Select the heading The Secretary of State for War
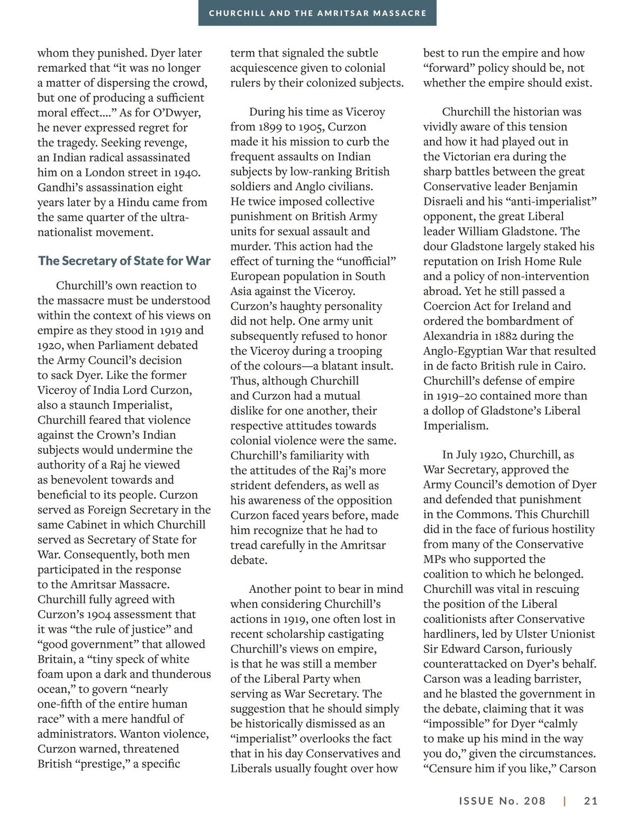pyautogui.click(x=124, y=261)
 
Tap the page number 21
pyautogui.click(x=591, y=801)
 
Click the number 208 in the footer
pyautogui.click(x=534, y=801)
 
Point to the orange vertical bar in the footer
pyautogui.click(x=565, y=801)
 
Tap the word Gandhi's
pyautogui.click(x=59, y=187)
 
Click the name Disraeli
pyautogui.click(x=443, y=202)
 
